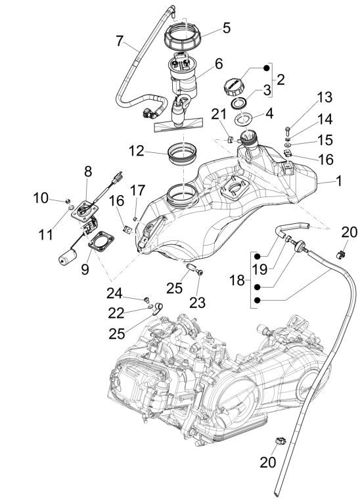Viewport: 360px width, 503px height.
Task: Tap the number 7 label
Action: pos(120,41)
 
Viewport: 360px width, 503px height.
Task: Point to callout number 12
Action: pos(137,151)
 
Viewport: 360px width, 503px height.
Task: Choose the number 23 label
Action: pos(198,303)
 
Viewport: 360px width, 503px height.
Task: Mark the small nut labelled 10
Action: pos(70,199)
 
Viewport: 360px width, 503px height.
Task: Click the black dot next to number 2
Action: pos(267,68)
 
